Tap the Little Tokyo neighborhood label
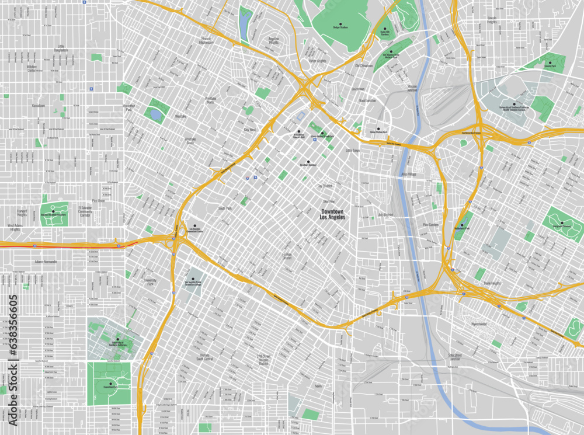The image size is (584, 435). click(x=353, y=150)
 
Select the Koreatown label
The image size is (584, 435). click(x=38, y=106)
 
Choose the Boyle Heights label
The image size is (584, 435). click(x=493, y=283)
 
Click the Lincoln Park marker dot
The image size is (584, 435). click(x=550, y=62)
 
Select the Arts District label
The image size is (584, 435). click(x=385, y=215)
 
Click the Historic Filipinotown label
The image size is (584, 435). click(x=207, y=41)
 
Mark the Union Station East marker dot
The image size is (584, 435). click(x=378, y=128)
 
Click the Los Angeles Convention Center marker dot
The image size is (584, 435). click(x=195, y=225)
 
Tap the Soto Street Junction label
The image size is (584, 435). click(x=455, y=356)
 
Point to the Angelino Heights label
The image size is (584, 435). click(x=273, y=41)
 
